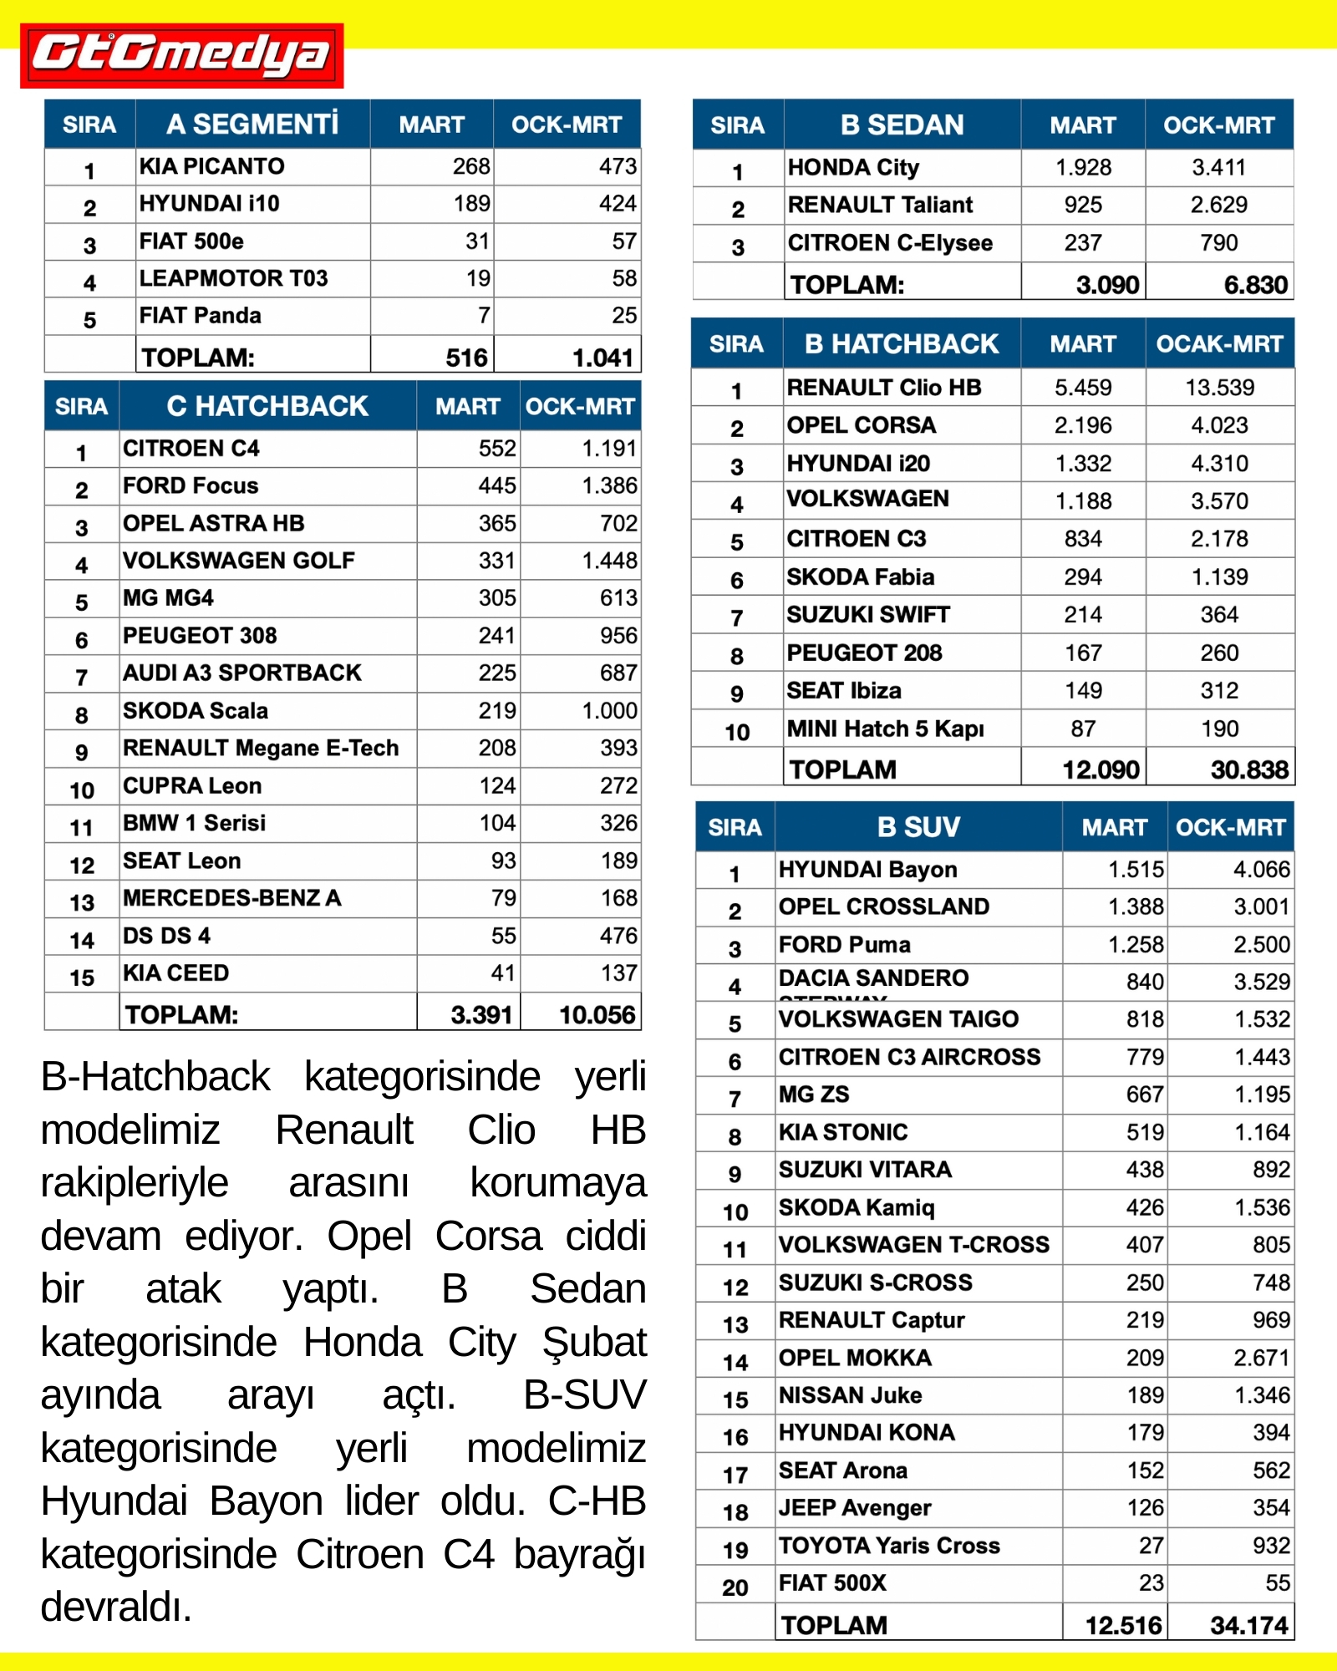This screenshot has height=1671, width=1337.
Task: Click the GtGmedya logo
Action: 181,55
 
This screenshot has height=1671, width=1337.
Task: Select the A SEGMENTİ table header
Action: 252,124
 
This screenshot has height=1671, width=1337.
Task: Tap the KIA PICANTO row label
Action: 211,166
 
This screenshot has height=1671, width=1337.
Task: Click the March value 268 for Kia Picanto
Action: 471,166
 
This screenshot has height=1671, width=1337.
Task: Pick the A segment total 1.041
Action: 602,358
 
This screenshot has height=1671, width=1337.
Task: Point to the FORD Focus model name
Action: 191,485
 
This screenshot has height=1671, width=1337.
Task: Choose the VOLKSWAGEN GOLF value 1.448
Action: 609,561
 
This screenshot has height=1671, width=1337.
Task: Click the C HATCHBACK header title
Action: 267,406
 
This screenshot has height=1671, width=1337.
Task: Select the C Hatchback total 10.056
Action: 597,1014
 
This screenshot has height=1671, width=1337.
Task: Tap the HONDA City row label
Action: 853,168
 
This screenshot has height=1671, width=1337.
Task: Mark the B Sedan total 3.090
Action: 1107,285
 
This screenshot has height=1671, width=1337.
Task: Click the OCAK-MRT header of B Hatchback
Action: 1219,343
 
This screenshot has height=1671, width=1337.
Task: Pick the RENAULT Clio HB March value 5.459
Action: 1083,388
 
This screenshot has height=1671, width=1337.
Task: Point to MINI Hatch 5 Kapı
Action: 885,729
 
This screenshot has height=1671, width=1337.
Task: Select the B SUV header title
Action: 918,827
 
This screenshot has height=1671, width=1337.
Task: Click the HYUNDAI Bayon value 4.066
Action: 1261,870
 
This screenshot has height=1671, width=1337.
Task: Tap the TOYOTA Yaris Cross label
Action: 889,1546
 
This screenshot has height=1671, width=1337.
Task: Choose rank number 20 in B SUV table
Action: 735,1587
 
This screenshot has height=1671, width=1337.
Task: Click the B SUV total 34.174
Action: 1248,1625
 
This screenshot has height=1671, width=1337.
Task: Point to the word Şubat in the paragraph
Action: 594,1343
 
